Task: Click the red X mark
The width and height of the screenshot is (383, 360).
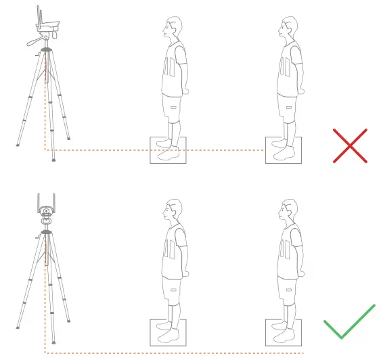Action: [350, 145]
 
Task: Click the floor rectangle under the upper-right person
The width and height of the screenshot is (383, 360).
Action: [284, 150]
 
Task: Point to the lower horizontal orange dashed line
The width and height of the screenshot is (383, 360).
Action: [169, 353]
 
